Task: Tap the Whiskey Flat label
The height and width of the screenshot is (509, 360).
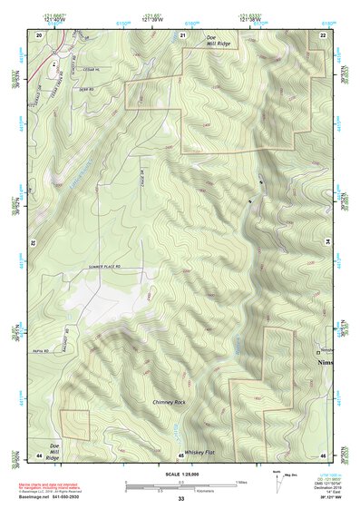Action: tap(198, 451)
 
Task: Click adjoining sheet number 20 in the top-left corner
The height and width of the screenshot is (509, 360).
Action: tap(39, 34)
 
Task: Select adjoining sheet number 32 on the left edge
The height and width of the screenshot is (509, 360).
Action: tap(31, 243)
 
